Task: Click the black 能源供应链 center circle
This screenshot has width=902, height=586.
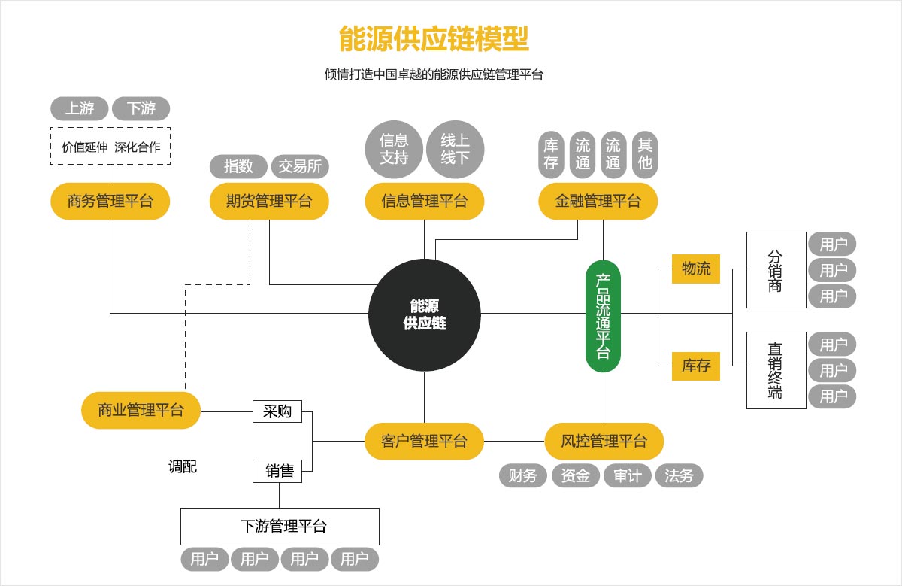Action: [425, 314]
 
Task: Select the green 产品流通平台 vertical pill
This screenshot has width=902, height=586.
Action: [603, 316]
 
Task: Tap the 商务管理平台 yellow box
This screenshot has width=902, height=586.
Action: [110, 201]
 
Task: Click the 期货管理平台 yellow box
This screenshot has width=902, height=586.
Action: [269, 201]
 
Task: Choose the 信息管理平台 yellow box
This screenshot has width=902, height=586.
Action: [424, 201]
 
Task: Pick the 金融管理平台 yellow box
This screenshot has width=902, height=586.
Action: [598, 201]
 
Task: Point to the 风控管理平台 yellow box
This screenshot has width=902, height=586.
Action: [604, 441]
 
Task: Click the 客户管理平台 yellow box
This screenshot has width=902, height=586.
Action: [424, 441]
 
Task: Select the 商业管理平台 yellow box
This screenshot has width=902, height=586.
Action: [141, 410]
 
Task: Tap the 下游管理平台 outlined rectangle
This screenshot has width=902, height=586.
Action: [280, 526]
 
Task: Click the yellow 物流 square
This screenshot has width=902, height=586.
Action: [696, 268]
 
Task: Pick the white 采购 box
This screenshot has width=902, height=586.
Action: [277, 411]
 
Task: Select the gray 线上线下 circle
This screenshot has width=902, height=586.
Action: [455, 148]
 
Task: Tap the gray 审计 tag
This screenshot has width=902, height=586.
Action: [627, 475]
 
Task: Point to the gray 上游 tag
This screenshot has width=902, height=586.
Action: [80, 109]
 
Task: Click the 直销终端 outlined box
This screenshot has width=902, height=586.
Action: [776, 370]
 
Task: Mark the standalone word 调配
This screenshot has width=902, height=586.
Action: [183, 466]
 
